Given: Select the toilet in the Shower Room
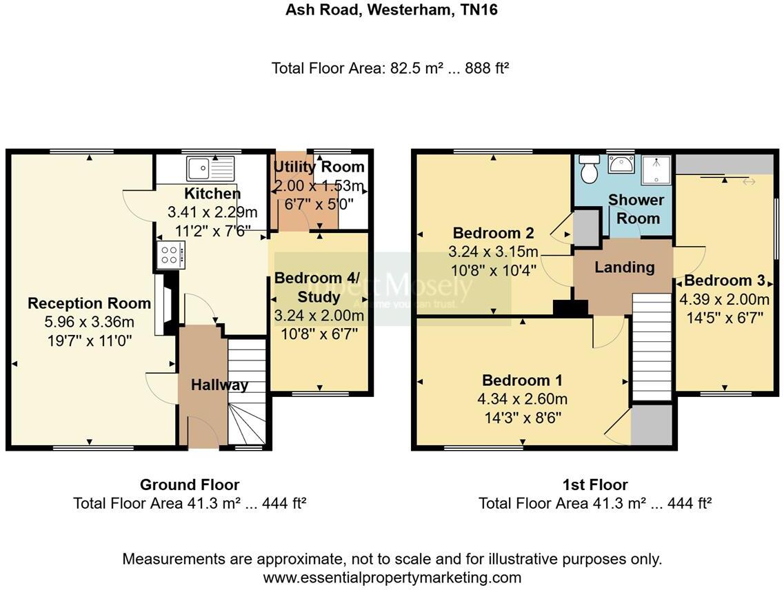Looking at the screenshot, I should (588, 169).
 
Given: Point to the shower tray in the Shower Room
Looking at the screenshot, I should (656, 169).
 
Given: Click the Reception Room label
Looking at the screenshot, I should (89, 303).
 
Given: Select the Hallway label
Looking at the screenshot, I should (219, 385).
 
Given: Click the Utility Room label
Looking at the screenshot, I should (319, 167).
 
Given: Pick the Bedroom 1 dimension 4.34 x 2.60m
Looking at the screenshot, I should (522, 398).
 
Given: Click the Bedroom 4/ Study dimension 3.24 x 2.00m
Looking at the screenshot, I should (318, 316).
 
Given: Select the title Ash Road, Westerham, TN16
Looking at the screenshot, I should (391, 10).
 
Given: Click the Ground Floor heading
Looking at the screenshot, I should (190, 485).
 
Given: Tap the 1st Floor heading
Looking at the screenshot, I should (595, 485).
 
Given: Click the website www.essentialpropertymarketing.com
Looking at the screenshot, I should (392, 577).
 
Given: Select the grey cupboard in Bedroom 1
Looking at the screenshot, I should (652, 425).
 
